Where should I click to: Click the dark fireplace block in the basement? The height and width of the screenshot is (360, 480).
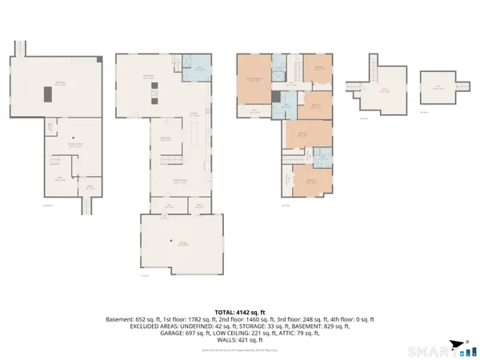[x=50, y=94]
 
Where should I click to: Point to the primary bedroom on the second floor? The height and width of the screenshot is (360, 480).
[x=254, y=80]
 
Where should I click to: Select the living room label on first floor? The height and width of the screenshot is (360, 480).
[x=148, y=76]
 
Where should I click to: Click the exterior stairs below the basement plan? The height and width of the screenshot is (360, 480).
[x=86, y=207]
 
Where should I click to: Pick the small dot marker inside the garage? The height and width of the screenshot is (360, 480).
[x=171, y=241]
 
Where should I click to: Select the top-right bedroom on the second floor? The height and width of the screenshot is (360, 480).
[x=318, y=69]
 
